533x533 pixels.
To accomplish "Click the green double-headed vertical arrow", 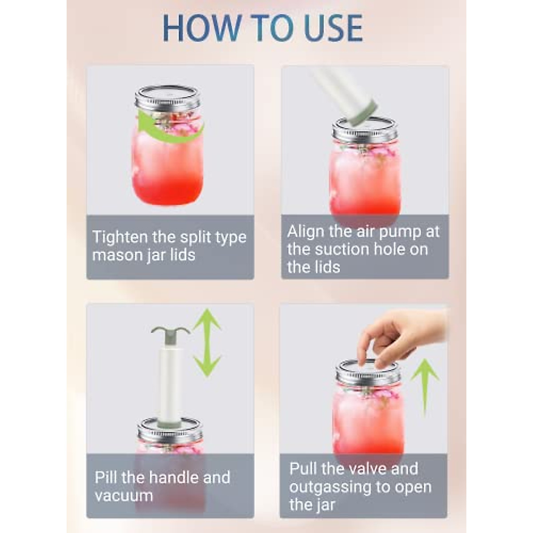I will click(x=207, y=343).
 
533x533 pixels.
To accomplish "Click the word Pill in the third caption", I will click(x=106, y=478).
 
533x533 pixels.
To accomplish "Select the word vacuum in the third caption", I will click(x=124, y=496).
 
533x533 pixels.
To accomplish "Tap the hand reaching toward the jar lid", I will click(x=400, y=333).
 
